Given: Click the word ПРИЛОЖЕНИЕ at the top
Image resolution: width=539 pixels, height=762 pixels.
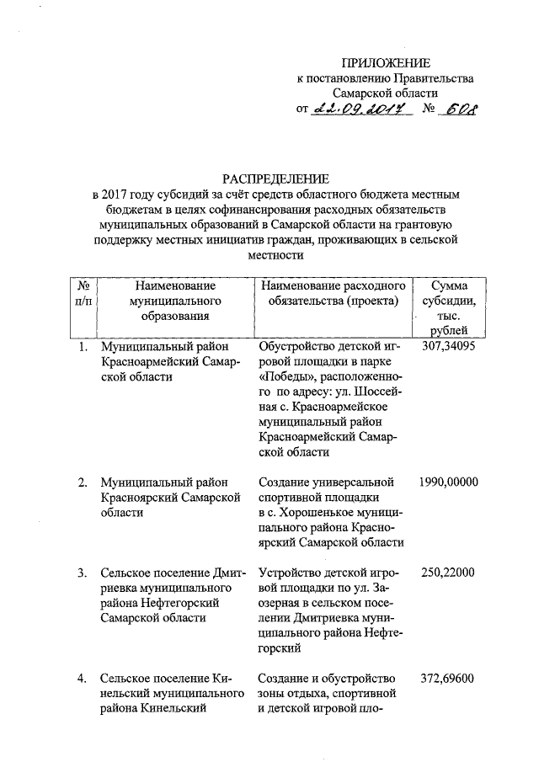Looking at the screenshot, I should click(x=385, y=63).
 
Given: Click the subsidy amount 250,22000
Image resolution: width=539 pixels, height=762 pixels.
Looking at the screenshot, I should click(x=449, y=573).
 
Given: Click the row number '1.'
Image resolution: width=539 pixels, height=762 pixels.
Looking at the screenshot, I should click(x=83, y=346).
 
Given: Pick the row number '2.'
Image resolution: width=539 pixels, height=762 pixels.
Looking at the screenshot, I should click(x=83, y=482).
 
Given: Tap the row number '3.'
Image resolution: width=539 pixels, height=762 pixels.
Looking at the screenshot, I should click(x=83, y=573).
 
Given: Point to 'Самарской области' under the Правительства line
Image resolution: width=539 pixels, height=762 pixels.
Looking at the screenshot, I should click(x=385, y=93).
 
